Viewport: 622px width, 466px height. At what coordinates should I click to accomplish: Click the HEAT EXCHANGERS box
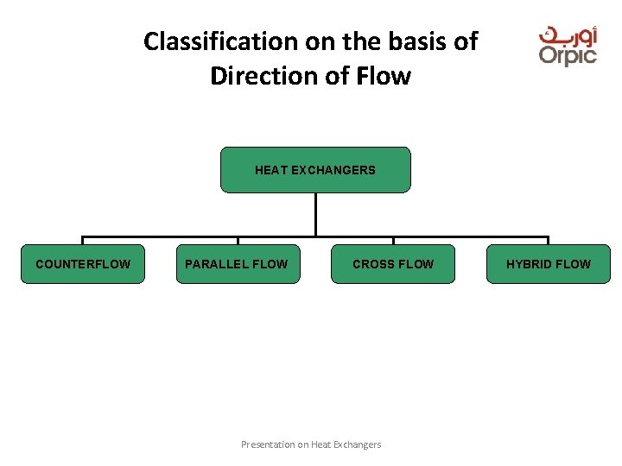point(315,170)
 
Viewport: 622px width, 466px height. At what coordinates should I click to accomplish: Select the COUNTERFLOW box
point(83,264)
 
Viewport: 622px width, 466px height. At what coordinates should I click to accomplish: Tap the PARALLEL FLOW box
point(238,264)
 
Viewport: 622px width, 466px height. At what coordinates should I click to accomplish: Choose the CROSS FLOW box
point(393,264)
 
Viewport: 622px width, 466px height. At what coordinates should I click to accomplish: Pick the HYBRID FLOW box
point(549,264)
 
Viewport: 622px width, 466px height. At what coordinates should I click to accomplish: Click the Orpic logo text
point(568,55)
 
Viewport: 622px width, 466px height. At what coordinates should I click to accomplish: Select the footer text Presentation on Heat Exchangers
point(311,444)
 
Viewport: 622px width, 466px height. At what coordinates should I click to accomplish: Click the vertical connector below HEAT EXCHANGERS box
point(315,214)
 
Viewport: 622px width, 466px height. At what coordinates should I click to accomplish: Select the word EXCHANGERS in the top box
point(333,170)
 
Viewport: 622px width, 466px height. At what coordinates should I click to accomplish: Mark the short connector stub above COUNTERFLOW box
point(83,241)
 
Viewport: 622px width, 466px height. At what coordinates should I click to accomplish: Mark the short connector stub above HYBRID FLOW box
point(549,241)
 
